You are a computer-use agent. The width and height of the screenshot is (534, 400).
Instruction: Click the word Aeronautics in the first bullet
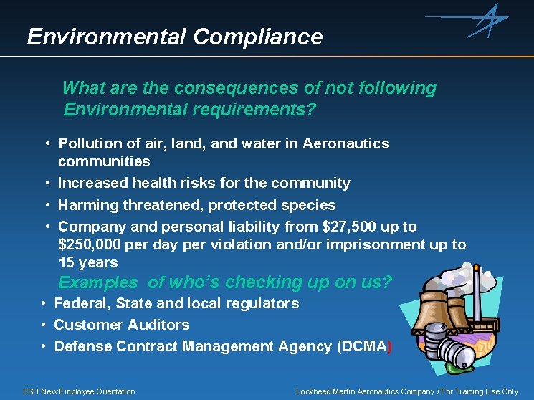(346, 143)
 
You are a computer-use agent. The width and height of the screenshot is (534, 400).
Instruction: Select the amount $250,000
(91, 244)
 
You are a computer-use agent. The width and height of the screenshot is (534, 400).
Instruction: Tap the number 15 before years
(67, 262)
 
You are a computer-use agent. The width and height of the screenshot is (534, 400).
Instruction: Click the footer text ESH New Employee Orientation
(79, 391)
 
